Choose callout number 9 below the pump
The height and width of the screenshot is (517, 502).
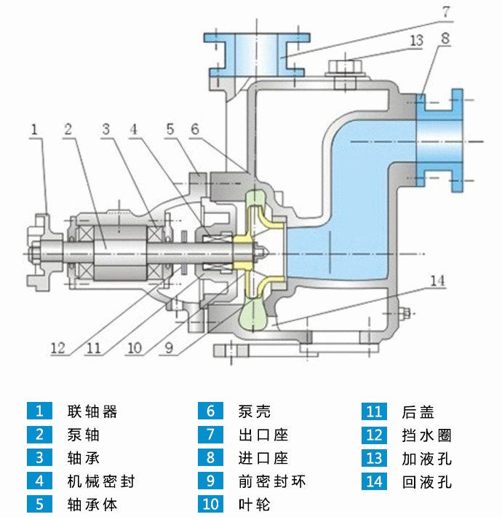point(169,348)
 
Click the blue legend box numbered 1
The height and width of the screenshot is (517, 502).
point(39,411)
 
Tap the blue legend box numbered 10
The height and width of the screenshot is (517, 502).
point(210,503)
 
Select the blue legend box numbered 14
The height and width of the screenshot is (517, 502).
point(374,481)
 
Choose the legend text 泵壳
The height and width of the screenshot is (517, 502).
point(254,411)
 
